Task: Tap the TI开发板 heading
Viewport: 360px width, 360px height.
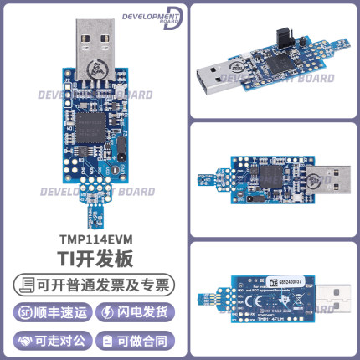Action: pos(90,259)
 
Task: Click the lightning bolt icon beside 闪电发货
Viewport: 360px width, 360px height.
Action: pos(107,312)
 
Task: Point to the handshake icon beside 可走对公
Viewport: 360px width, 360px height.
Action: pos(24,340)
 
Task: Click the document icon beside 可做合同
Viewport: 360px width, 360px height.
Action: pos(107,340)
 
